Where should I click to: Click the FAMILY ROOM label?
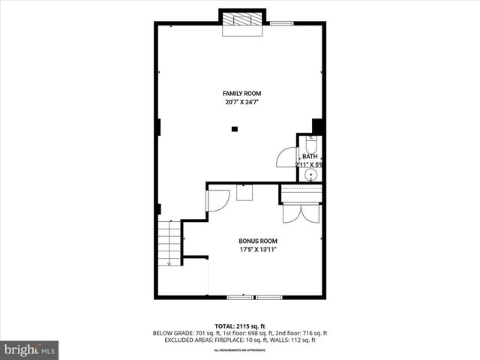[241, 93]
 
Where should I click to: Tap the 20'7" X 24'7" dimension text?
[241, 102]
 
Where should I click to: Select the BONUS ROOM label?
[258, 241]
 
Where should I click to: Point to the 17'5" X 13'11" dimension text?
[258, 250]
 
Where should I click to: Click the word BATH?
[310, 156]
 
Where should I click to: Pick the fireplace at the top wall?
[241, 22]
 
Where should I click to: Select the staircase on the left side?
[170, 243]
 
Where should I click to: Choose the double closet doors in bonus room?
[301, 212]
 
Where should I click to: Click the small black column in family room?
[234, 129]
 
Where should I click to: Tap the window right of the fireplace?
[282, 24]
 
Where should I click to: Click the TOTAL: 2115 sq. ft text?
[240, 326]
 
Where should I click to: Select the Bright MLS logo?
[30, 349]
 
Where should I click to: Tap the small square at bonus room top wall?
[244, 192]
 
